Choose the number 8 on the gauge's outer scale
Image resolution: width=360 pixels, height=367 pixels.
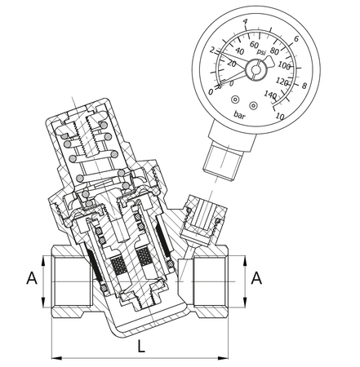304,84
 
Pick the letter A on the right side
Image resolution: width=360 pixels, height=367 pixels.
256,278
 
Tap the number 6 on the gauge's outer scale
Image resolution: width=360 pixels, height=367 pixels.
296,39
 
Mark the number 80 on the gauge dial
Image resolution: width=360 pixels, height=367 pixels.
274,50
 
